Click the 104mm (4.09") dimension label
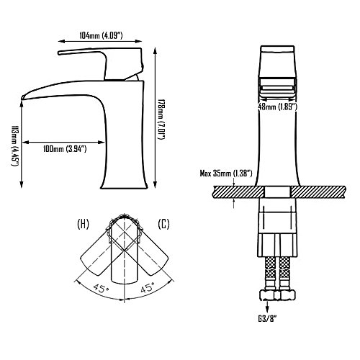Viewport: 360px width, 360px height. pos(101,36)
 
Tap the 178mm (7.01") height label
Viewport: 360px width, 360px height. pos(161,120)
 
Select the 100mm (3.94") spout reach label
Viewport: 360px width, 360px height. pos(65,149)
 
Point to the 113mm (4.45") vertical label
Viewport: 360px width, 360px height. pos(15,146)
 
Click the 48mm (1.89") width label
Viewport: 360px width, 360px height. pos(277,107)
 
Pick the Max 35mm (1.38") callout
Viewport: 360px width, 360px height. pos(226,174)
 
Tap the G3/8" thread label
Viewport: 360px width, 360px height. pos(267,319)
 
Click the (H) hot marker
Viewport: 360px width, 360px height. pos(83,224)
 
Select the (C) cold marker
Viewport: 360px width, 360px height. pos(163,224)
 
